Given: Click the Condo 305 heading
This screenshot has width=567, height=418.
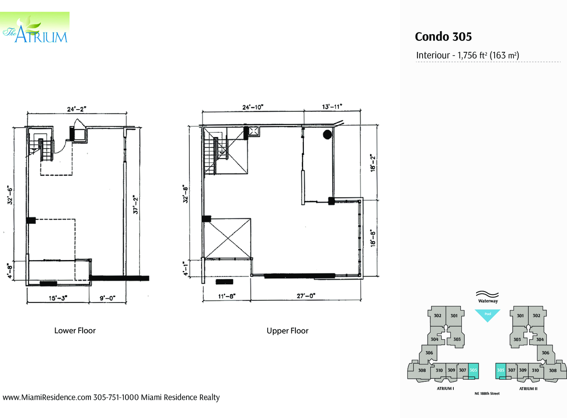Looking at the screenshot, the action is pos(443,37).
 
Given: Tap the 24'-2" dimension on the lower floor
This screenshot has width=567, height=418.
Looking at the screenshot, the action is pos(77,109).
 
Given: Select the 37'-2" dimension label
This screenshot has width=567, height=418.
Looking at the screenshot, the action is pos(136,204).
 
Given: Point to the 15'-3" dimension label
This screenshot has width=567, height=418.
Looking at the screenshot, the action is pos(58,298).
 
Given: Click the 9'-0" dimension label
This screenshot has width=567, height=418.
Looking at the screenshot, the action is pos(107,298).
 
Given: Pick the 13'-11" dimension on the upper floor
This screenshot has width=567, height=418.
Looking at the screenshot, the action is pos(332,107).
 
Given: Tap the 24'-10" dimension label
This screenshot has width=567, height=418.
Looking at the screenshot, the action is pos(253,107).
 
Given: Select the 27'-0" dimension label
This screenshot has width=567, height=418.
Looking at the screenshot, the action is pos(306,296).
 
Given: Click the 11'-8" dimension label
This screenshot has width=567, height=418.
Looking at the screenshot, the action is pos(227,296).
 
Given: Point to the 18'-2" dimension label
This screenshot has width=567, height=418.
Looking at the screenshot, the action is pos(373,163).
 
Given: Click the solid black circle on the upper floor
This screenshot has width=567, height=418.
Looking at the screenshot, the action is pos(327,134).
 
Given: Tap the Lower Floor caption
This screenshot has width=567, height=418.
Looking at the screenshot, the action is pos(75,331).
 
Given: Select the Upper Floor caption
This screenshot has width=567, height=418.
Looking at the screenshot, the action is pos(287,331).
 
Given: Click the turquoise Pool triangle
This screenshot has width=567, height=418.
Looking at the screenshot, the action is pos(487,314).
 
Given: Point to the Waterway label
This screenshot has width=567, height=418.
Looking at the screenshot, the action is pos(488,301).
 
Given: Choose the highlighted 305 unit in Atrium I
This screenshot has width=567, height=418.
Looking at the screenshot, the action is pos(473,370).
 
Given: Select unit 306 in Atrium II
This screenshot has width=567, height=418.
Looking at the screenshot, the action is pos(546,353).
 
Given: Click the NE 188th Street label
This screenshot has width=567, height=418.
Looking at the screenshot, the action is pos(487,394).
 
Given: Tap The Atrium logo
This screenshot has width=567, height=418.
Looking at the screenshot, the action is pos(35,29).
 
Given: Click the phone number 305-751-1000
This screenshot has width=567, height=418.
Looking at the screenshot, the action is pos(116,397).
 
